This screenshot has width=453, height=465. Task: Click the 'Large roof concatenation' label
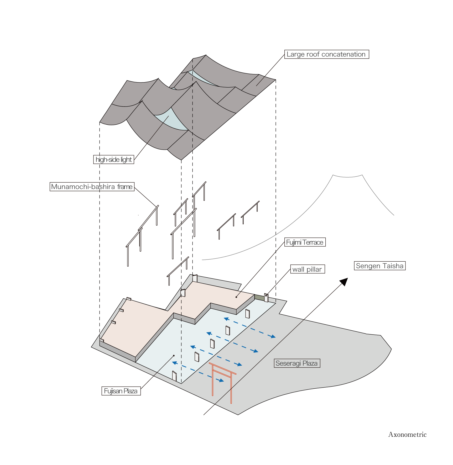pos(326,54)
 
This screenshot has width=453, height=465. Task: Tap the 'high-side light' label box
pos(114,160)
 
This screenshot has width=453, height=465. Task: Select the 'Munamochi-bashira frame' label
pos(92,187)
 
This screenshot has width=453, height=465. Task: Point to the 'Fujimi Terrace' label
pos(305,242)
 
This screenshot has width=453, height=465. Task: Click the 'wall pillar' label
pos(307,269)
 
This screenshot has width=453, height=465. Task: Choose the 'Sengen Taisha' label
pos(379,266)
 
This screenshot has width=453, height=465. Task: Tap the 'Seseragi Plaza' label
pos(297,363)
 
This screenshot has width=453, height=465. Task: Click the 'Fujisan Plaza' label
pos(121,391)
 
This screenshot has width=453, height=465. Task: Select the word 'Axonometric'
pos(407,435)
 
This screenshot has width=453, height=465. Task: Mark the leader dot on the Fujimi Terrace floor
pos(236,297)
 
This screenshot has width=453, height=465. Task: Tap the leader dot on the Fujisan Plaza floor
pos(174,356)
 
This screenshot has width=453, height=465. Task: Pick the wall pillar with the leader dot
pos(266,298)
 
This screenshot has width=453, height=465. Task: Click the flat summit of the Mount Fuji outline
pos(347,176)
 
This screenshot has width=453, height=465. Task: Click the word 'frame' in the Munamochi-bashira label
pos(125,187)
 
